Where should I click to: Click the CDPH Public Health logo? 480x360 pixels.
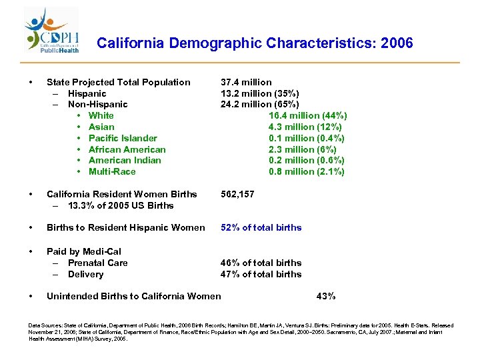point(53,31)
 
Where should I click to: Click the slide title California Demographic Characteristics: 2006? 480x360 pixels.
point(255,44)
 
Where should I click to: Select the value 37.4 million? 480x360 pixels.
point(246,82)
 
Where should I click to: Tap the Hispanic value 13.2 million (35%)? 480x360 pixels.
point(259,93)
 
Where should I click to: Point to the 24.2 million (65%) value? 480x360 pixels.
point(259,105)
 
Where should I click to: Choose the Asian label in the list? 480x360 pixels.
point(101,127)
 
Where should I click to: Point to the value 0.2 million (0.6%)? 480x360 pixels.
point(307,160)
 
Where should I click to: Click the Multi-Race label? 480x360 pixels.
point(111,171)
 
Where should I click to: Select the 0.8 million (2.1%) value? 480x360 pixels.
point(307,171)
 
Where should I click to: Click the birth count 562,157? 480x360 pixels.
point(239,194)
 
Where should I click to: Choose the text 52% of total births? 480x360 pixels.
point(261,227)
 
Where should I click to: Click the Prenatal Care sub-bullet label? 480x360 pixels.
point(97,263)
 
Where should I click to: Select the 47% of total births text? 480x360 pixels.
point(261,274)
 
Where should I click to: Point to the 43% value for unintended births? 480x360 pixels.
point(325,296)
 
